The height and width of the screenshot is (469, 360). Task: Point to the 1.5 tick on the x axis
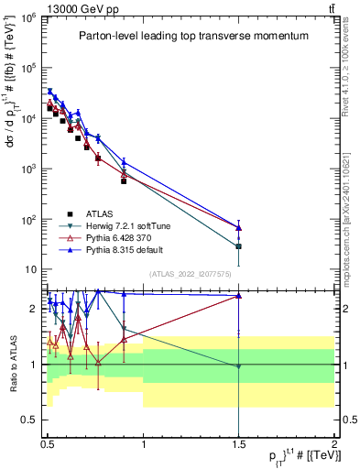pyautogui.click(x=238, y=442)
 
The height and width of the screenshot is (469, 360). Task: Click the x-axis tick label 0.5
pyautogui.click(x=48, y=442)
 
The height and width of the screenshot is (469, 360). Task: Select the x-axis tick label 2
pyautogui.click(x=333, y=442)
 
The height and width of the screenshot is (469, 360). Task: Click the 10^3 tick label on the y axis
pyautogui.click(x=28, y=169)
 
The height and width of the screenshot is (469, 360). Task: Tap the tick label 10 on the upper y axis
pyautogui.click(x=30, y=270)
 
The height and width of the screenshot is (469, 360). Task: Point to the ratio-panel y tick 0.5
pyautogui.click(x=30, y=420)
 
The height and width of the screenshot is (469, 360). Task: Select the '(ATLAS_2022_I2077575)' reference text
pyautogui.click(x=190, y=274)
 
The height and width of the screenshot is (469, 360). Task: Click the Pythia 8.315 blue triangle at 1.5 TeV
pyautogui.click(x=238, y=227)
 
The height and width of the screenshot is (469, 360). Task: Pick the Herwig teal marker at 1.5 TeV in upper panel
pyautogui.click(x=238, y=246)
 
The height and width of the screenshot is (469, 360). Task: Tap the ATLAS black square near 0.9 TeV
pyautogui.click(x=124, y=180)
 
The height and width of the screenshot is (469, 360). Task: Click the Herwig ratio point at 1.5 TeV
pyautogui.click(x=238, y=366)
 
